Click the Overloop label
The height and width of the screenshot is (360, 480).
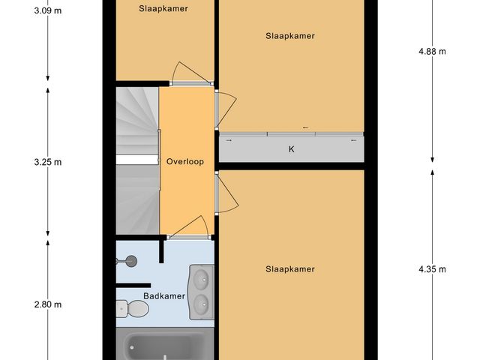point(185,161)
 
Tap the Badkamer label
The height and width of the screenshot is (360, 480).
point(164,296)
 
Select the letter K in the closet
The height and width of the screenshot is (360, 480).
point(291,149)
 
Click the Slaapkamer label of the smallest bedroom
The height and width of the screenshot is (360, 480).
point(163,9)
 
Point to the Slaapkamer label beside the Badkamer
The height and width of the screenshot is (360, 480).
point(290,268)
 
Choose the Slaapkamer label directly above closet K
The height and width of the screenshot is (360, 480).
point(290,35)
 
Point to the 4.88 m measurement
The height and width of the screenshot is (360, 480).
point(432,52)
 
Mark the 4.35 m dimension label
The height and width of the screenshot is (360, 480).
point(432,269)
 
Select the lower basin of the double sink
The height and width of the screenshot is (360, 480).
point(201,303)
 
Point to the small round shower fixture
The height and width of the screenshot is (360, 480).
point(130,261)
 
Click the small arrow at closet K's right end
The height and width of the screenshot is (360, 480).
point(352,140)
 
